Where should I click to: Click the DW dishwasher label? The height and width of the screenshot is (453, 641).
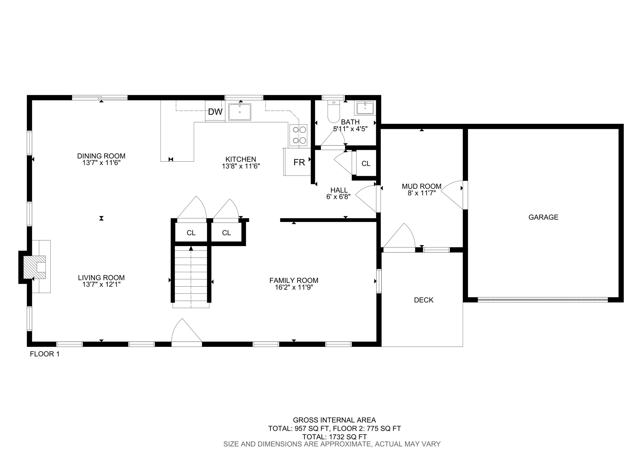point(215,112)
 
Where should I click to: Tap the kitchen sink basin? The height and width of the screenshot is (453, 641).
point(240,112)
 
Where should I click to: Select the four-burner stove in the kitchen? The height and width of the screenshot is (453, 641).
point(299,135)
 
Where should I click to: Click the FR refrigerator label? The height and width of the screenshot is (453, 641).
point(299,162)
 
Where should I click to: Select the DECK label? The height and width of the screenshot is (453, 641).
point(423,300)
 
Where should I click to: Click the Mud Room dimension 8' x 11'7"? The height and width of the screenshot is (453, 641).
point(422,193)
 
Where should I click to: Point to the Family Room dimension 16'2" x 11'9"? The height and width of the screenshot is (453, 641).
point(294,287)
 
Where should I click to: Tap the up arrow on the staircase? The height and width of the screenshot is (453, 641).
point(191,249)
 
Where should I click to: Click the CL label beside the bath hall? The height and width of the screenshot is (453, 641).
point(366,163)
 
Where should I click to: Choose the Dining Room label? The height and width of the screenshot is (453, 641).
point(101,156)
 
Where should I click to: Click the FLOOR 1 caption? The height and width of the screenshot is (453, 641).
point(45,354)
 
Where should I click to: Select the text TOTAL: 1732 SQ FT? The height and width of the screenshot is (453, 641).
point(334,437)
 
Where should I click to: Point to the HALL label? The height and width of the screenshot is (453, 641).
point(339,190)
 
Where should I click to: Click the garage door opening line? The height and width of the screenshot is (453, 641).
point(543,300)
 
